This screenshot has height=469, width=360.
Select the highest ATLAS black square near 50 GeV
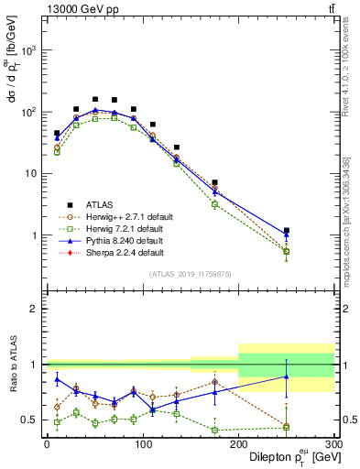(95, 99)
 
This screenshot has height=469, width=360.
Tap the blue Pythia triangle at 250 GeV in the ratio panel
(286, 376)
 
